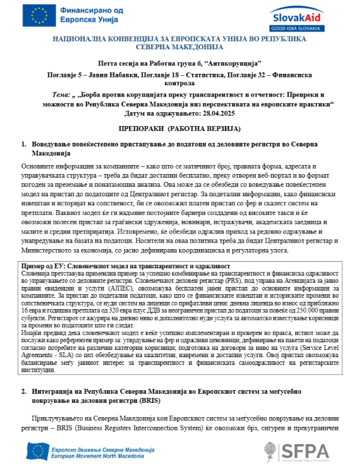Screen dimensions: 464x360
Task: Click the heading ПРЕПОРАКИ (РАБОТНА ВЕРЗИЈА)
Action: coord(180,129)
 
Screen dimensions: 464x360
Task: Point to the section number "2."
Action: coord(25,391)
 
